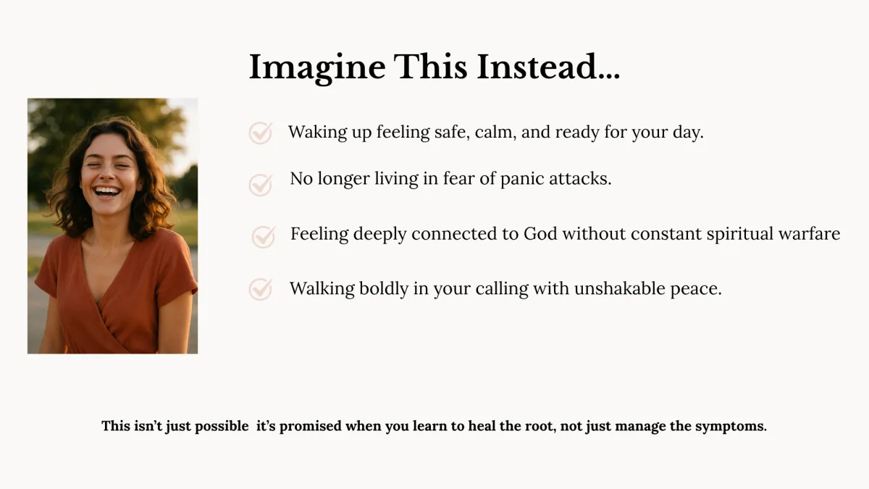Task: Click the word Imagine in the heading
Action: (317, 68)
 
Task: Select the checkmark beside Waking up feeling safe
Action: (261, 133)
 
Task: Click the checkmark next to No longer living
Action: (261, 184)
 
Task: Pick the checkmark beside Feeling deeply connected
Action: (264, 237)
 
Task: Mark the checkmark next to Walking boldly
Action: (261, 289)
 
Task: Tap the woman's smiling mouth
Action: (106, 191)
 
